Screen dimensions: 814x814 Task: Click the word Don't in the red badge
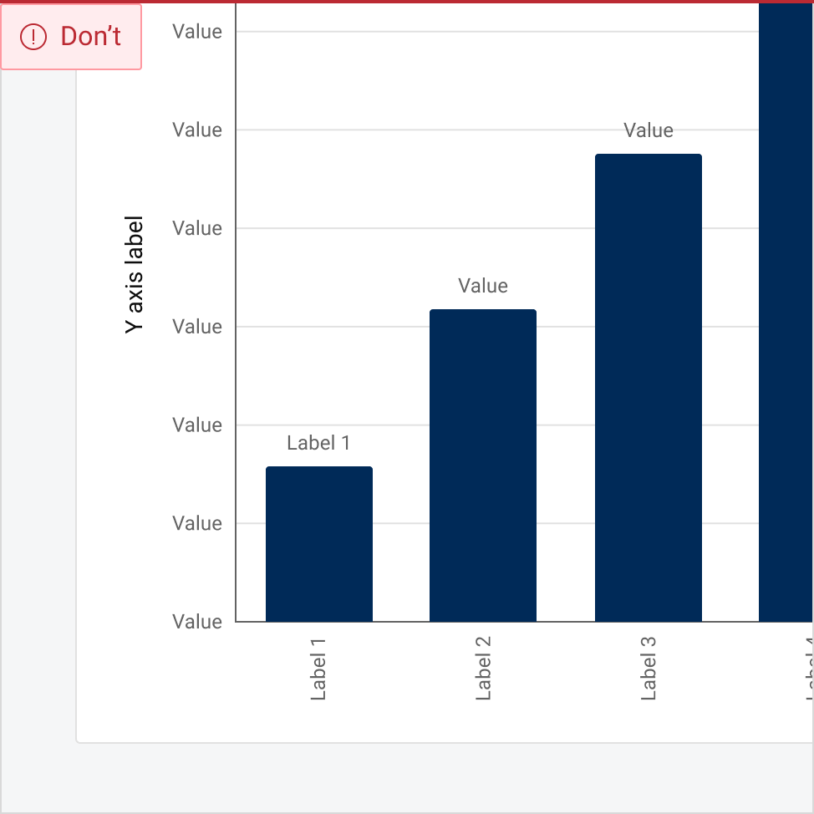pyautogui.click(x=90, y=36)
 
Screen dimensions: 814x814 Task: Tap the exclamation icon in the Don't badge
pyautogui.click(x=33, y=36)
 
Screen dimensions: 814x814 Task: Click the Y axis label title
pyautogui.click(x=135, y=275)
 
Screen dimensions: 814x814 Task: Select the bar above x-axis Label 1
pyautogui.click(x=318, y=544)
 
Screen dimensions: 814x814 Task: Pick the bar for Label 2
pyautogui.click(x=483, y=466)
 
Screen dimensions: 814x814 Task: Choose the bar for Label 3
pyautogui.click(x=648, y=388)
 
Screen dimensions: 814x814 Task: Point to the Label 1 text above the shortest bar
pyautogui.click(x=318, y=443)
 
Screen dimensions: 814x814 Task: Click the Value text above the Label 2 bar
pyautogui.click(x=483, y=286)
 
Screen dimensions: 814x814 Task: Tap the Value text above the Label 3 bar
pyautogui.click(x=649, y=130)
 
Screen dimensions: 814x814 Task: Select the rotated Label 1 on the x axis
pyautogui.click(x=318, y=668)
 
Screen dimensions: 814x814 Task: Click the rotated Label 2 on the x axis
pyautogui.click(x=483, y=668)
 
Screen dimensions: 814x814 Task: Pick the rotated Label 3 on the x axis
pyautogui.click(x=649, y=668)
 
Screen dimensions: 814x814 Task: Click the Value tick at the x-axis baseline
pyautogui.click(x=197, y=622)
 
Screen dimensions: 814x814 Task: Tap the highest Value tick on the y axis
pyautogui.click(x=197, y=32)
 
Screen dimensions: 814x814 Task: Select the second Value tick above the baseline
pyautogui.click(x=197, y=425)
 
